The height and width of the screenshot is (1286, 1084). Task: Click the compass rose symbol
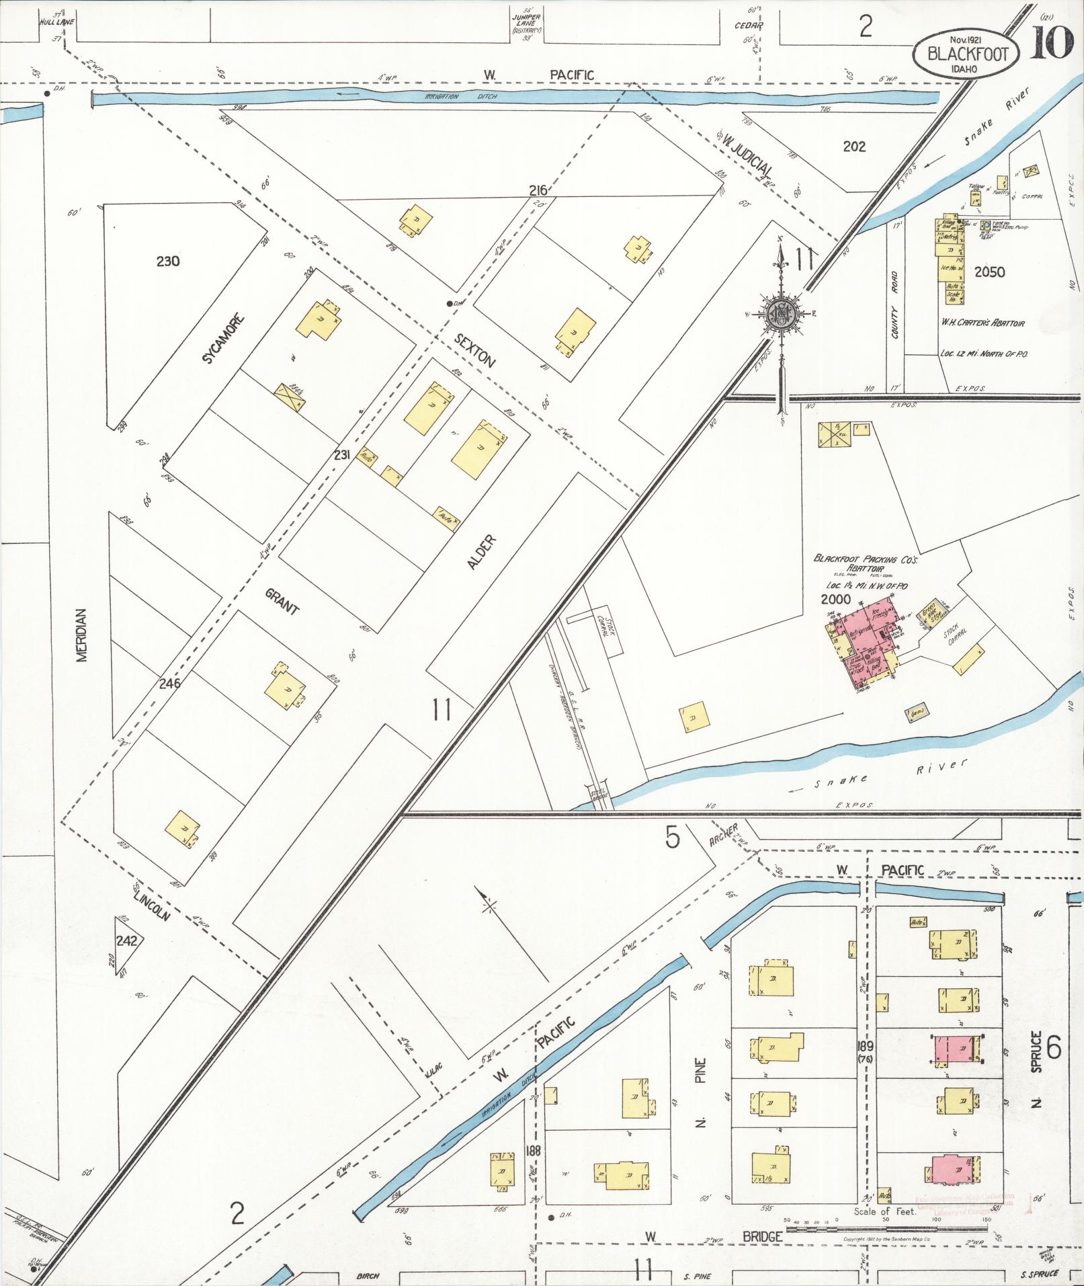tap(782, 312)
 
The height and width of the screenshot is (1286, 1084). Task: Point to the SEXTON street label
tap(474, 350)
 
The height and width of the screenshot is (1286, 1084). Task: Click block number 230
tap(168, 262)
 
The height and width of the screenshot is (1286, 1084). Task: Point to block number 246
tap(171, 684)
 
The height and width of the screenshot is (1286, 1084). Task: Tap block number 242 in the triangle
tap(126, 940)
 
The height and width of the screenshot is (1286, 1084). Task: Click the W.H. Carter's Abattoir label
tap(982, 323)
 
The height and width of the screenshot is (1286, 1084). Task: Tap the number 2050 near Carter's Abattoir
tap(989, 272)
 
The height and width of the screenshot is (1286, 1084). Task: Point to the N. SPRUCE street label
tap(1036, 1070)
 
